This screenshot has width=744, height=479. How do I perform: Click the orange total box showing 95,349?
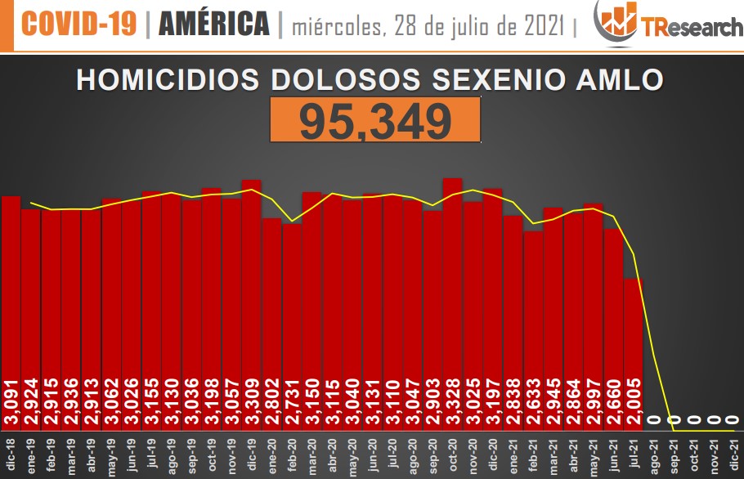375,121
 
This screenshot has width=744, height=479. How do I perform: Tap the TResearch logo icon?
616,21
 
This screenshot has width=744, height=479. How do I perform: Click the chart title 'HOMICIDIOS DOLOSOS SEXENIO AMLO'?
370,79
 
